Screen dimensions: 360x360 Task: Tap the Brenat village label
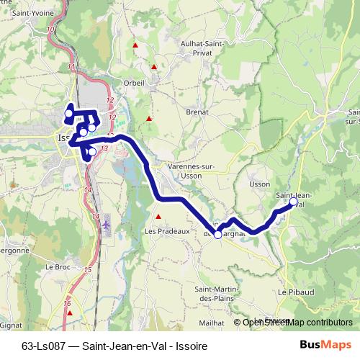pyautogui.click(x=197, y=112)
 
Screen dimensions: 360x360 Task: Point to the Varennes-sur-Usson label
pyautogui.click(x=192, y=171)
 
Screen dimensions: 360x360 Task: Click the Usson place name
pyautogui.click(x=259, y=184)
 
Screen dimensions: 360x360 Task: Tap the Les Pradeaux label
pyautogui.click(x=166, y=232)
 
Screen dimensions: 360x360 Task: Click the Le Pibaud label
pyautogui.click(x=291, y=293)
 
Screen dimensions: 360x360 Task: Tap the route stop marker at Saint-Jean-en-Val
pyautogui.click(x=292, y=203)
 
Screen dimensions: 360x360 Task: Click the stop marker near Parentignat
pyautogui.click(x=217, y=234)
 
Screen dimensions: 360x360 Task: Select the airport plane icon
pyautogui.click(x=107, y=224)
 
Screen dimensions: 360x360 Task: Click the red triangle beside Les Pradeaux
pyautogui.click(x=158, y=215)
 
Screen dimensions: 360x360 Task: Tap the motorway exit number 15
pyautogui.click(x=88, y=269)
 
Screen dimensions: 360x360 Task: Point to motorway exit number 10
pyautogui.click(x=50, y=29)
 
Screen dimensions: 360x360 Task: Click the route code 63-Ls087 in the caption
pyautogui.click(x=44, y=346)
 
